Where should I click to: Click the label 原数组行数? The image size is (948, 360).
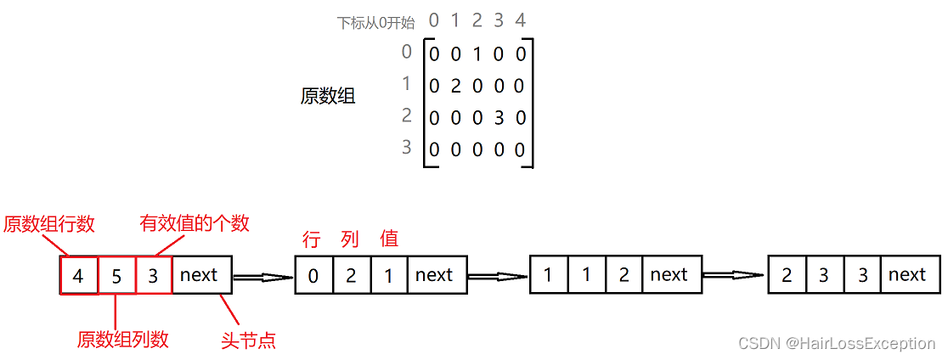(48, 224)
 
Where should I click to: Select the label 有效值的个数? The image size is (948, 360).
(195, 223)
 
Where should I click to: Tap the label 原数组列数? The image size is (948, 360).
(122, 340)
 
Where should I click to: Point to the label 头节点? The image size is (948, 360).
(248, 340)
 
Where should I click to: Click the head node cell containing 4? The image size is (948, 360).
(79, 275)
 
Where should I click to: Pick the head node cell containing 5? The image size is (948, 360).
(116, 275)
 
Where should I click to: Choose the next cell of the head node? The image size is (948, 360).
(200, 275)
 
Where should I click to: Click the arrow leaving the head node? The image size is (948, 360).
(263, 276)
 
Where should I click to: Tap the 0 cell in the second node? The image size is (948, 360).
(313, 275)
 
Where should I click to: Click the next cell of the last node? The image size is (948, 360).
(907, 275)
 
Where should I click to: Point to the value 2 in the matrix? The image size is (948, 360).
(455, 86)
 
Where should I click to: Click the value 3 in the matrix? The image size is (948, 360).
(499, 118)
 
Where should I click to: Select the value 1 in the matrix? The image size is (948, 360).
(477, 55)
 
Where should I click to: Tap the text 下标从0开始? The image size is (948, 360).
(376, 23)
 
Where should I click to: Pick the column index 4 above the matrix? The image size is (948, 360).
(521, 20)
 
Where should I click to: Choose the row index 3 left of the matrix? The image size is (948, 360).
(406, 148)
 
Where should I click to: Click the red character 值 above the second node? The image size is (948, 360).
(389, 239)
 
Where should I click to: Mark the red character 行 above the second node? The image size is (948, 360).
(312, 239)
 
